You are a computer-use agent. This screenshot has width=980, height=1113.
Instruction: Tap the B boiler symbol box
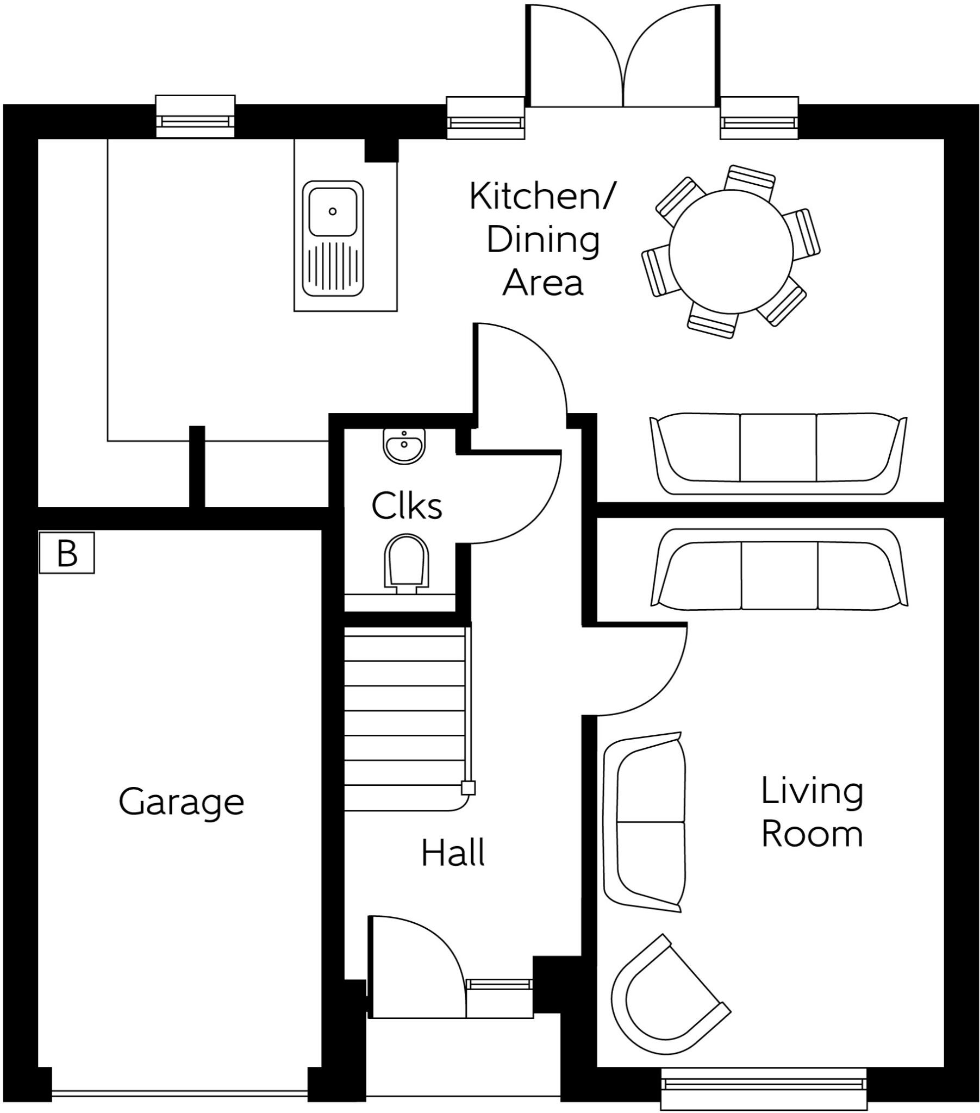pos(66,553)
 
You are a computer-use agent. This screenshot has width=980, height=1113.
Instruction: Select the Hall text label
pos(453,853)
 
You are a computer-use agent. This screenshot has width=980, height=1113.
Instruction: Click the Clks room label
pos(407,507)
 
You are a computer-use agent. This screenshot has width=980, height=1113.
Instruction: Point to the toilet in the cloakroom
pos(406,564)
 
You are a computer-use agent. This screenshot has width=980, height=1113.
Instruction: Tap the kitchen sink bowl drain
pos(332,211)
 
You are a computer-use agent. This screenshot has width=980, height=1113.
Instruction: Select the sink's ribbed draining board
pos(333,267)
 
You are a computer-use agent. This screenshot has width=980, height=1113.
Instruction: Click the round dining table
pos(731,251)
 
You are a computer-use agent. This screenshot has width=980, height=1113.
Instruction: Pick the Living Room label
pos(812,812)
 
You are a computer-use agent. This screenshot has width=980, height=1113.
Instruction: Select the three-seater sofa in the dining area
pos(778,454)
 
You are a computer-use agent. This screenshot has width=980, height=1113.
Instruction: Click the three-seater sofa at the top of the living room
pos(779,568)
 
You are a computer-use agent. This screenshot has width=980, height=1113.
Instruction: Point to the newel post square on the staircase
pos(468,788)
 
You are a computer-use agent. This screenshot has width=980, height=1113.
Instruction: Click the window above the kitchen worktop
pos(195,117)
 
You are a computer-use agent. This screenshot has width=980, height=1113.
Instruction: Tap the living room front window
pos(763,1085)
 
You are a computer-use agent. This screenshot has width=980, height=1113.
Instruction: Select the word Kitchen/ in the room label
pos(541,197)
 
